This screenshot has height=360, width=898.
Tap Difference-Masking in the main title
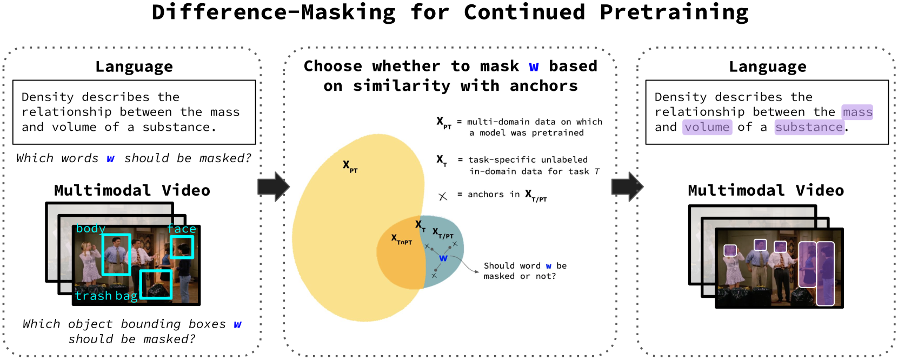click(x=274, y=12)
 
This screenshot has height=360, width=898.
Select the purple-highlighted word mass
click(x=857, y=112)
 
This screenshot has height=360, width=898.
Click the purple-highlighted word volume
click(x=707, y=127)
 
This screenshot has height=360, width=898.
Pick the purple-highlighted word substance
click(x=809, y=127)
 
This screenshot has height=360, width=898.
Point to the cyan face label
click(x=182, y=229)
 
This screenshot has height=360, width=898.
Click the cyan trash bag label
click(x=107, y=296)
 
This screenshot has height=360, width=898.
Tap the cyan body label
click(x=91, y=229)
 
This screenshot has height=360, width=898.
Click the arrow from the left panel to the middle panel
click(x=274, y=187)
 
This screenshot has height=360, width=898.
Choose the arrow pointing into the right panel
click(x=627, y=187)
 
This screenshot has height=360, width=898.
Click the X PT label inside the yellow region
click(x=350, y=166)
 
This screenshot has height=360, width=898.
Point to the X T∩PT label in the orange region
click(x=401, y=240)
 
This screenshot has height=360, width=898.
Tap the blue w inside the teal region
click(x=443, y=258)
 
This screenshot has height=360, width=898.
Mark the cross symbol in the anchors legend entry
click(x=443, y=196)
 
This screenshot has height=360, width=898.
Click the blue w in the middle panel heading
click(x=534, y=67)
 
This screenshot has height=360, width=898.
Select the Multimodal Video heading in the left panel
click(x=132, y=190)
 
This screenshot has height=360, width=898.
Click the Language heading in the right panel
click(x=768, y=66)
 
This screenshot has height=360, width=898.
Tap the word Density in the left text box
click(x=47, y=97)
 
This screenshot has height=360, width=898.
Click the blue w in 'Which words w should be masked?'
click(x=111, y=159)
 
